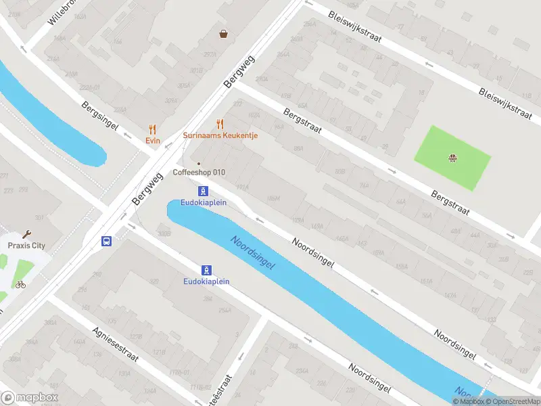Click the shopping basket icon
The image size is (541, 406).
[223, 33]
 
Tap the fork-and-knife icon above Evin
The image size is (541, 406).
[152, 129]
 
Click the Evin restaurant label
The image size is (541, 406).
[152, 140]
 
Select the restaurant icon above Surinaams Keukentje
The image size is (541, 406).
[220, 124]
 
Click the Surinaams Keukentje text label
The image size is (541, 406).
[220, 135]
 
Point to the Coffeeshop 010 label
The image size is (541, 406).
[199, 173]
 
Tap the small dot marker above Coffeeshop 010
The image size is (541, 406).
[199, 163]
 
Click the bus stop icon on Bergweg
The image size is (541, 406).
[106, 240]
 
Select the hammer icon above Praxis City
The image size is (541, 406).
[26, 234]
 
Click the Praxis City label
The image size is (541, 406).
[26, 246]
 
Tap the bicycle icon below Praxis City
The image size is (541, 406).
[20, 284]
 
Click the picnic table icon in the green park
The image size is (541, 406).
[452, 159]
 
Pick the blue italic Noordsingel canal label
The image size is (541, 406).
[252, 253]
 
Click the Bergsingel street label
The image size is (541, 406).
[100, 116]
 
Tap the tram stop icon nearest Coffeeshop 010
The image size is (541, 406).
[203, 191]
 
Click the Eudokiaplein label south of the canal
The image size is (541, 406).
[206, 281]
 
